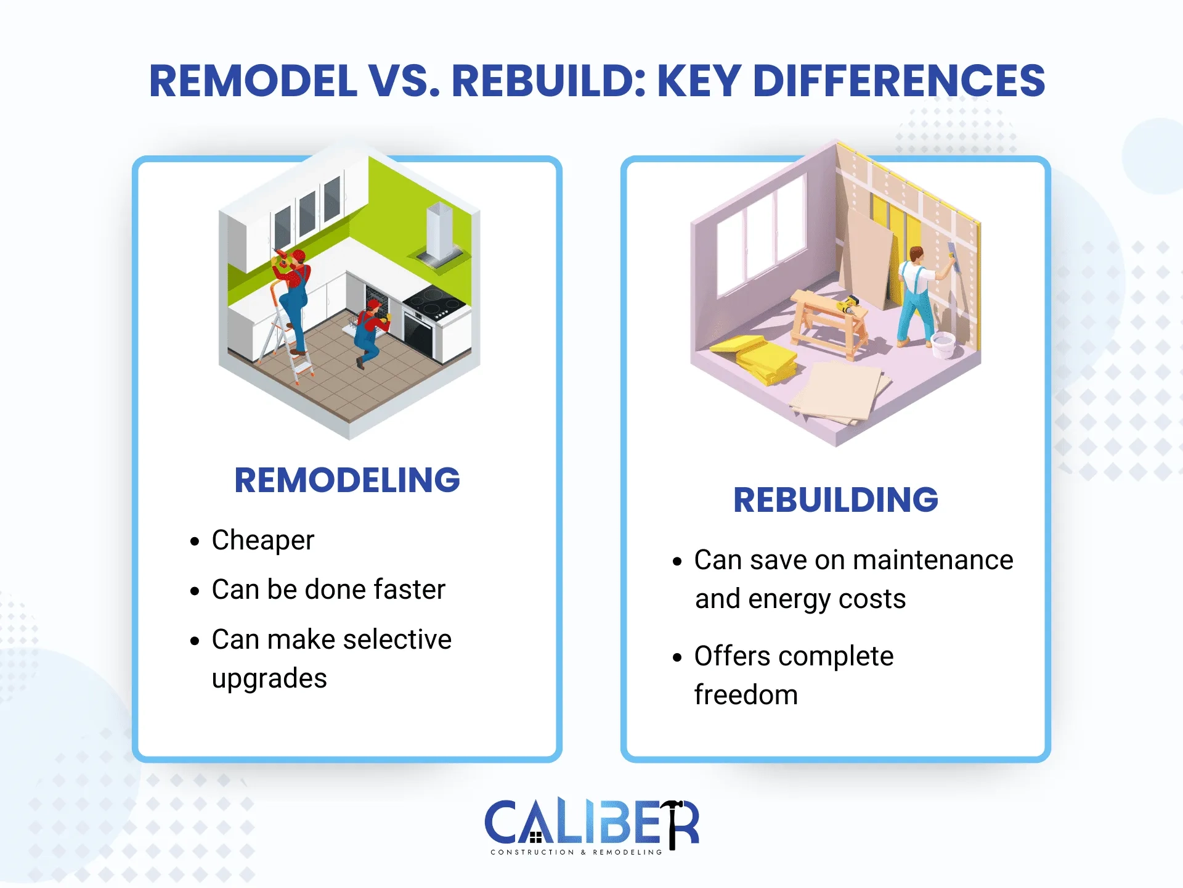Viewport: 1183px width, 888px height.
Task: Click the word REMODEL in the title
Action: pos(253,81)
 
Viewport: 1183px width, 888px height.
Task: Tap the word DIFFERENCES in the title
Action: pos(899,81)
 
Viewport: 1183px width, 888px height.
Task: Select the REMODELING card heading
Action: pos(347,480)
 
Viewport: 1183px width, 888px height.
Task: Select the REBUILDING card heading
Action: pos(835,500)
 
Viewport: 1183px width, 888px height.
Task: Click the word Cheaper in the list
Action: pos(263,541)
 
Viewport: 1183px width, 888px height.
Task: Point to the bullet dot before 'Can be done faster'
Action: pos(195,591)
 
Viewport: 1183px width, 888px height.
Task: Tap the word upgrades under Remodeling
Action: pos(269,678)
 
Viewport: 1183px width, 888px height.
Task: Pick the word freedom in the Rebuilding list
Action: pos(746,695)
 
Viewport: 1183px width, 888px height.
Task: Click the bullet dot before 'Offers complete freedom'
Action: pos(678,657)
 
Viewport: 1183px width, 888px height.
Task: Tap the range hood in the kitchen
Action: pos(440,234)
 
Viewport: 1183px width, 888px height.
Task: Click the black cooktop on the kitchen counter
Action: pos(435,302)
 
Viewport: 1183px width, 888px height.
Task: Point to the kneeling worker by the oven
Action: pos(370,333)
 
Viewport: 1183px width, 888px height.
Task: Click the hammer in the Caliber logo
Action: pos(674,823)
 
